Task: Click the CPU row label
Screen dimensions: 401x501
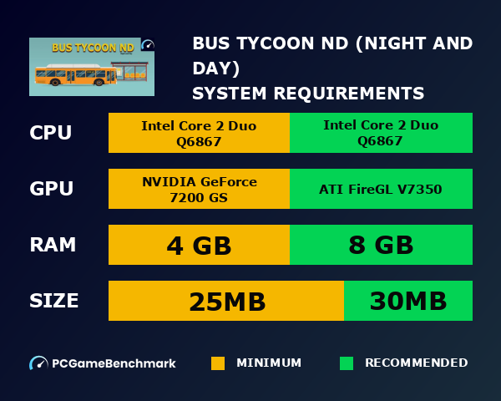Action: [50, 133]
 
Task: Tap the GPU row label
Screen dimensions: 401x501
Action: [52, 189]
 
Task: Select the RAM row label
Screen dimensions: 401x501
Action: [53, 245]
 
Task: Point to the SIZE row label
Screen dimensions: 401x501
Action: [54, 301]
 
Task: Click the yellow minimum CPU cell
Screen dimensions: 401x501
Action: [199, 133]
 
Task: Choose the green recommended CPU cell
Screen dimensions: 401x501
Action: [381, 133]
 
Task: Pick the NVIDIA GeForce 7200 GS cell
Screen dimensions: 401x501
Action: [199, 189]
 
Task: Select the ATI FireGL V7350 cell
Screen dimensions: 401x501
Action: [381, 189]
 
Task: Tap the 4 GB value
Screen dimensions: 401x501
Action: [199, 245]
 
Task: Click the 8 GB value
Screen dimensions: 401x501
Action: [381, 245]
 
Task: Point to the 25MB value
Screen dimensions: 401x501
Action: [226, 301]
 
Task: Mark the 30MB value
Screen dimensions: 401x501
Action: [408, 301]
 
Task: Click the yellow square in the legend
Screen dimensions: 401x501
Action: [218, 363]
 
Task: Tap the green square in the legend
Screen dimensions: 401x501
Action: [347, 363]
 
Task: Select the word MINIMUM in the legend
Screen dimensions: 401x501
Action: [269, 363]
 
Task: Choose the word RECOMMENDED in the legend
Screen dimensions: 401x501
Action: [416, 363]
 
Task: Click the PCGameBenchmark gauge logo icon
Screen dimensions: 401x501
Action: [38, 363]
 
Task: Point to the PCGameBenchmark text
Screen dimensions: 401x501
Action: [114, 363]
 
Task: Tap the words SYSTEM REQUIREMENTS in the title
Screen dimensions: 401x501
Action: [308, 93]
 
